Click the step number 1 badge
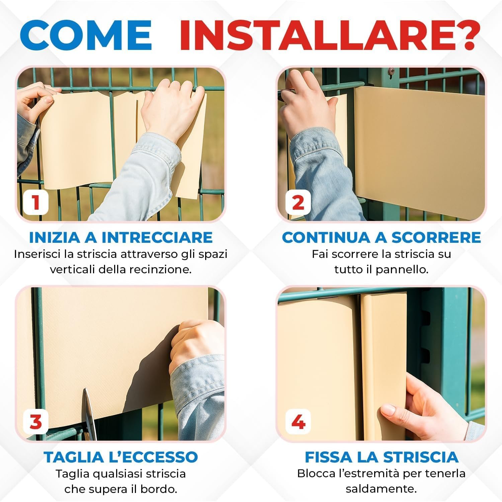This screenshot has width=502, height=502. [x=36, y=202]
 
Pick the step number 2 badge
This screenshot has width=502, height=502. [x=298, y=202]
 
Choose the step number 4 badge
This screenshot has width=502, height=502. [x=298, y=422]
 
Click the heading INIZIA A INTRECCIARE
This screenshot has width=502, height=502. [x=121, y=237]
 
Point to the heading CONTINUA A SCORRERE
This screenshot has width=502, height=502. [x=382, y=237]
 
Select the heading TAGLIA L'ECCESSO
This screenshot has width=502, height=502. [x=121, y=457]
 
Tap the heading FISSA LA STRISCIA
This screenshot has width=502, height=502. [x=382, y=457]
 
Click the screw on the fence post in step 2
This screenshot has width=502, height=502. [x=391, y=71]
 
